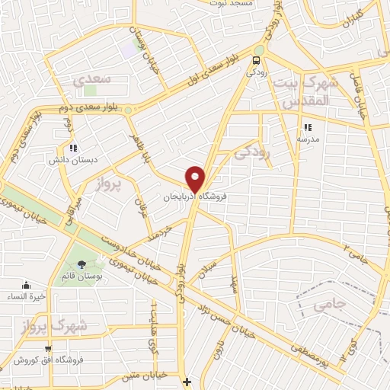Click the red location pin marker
tap(196, 177)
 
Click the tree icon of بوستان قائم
tap(82, 265)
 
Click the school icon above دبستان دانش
tap(72, 148)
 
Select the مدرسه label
tap(308, 139)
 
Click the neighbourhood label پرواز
tap(110, 184)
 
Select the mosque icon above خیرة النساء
tap(27, 285)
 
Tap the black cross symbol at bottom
tap(187, 381)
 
